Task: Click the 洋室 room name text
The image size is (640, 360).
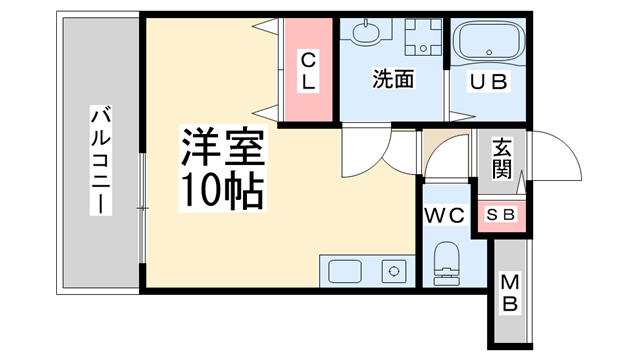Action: pyautogui.click(x=222, y=149)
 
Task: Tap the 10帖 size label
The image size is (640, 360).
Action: pyautogui.click(x=222, y=189)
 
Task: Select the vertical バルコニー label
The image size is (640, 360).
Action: pyautogui.click(x=101, y=160)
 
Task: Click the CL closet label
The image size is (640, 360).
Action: pyautogui.click(x=309, y=72)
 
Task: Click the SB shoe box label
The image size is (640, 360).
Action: pyautogui.click(x=500, y=215)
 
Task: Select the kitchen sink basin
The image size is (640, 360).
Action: pyautogui.click(x=346, y=271)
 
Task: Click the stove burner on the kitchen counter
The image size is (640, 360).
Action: pyautogui.click(x=394, y=270)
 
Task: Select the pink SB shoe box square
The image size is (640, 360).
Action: pyautogui.click(x=500, y=215)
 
